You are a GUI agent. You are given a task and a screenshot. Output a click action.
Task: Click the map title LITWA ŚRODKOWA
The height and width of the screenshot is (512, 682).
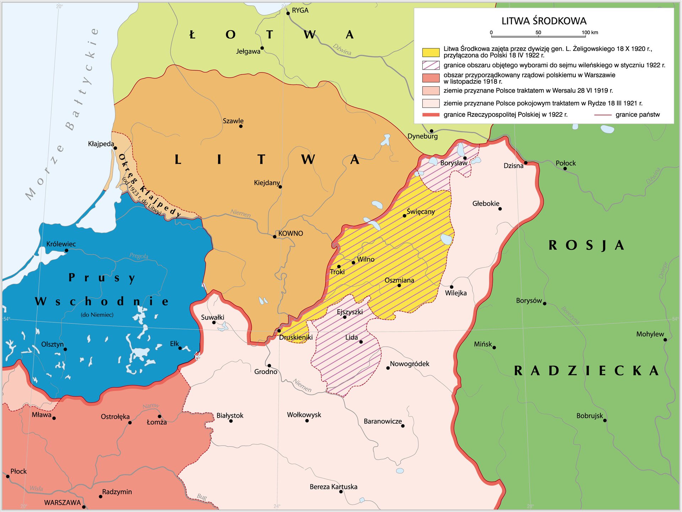543,21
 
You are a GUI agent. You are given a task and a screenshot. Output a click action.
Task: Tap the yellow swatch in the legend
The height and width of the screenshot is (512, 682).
431,52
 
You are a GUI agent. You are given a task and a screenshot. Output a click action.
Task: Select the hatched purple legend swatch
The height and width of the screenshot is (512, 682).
431,65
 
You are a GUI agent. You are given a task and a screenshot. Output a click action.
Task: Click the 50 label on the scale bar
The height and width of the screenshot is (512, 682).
538,32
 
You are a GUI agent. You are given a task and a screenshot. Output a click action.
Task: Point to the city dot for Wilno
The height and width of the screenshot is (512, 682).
353,263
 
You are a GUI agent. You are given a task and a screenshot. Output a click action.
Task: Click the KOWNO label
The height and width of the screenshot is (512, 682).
290,233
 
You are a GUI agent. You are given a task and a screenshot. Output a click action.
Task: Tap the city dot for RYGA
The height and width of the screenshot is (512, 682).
288,13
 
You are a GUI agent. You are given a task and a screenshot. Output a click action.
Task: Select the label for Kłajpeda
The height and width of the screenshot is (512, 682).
101,144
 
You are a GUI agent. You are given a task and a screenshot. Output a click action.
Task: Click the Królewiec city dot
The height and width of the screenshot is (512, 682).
66,250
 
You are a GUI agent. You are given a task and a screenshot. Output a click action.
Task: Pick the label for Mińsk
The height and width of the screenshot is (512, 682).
483,344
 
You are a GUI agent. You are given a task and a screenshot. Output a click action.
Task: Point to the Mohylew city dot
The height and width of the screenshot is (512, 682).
665,340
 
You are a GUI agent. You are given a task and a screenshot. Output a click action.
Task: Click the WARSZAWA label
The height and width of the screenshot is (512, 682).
63,502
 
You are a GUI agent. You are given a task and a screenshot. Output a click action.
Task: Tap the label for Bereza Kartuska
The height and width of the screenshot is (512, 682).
333,487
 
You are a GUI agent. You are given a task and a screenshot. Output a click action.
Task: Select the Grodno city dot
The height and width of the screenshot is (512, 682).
269,365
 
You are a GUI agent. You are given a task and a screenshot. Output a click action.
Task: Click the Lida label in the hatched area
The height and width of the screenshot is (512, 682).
351,337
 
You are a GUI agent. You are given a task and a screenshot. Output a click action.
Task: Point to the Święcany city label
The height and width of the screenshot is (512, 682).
420,212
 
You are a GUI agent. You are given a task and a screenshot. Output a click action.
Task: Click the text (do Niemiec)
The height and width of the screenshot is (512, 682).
97,315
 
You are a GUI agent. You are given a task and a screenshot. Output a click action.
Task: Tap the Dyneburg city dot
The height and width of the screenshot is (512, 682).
431,131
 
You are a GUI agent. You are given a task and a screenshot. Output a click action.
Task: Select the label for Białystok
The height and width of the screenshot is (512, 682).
230,415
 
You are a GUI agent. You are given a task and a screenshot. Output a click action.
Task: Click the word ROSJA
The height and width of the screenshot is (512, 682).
586,245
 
